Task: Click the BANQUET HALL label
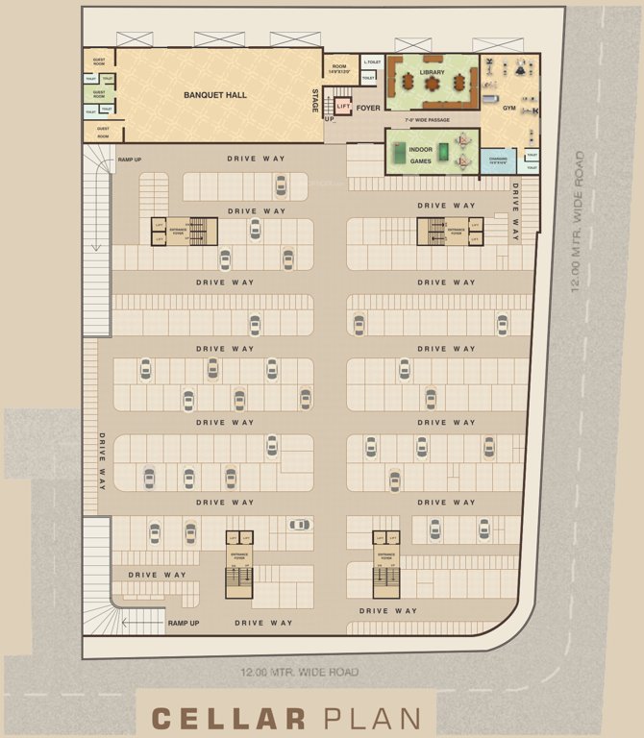[x=210, y=95]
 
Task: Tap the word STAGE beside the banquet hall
[x=314, y=101]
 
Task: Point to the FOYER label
[x=368, y=108]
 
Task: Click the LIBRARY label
[x=432, y=72]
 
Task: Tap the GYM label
[x=508, y=108]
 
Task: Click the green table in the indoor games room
[x=400, y=150]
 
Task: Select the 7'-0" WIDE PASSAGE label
[x=427, y=120]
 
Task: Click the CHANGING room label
[x=498, y=160]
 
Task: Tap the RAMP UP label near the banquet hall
[x=130, y=160]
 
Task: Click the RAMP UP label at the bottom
[x=183, y=623]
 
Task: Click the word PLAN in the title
[x=372, y=718]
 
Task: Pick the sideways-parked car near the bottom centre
[x=300, y=525]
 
